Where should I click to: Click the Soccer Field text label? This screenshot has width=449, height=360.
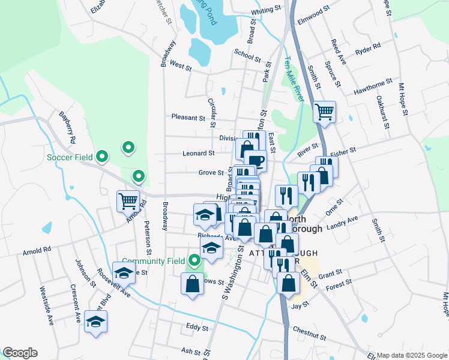[70, 157]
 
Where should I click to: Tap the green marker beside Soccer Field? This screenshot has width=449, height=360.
[102, 157]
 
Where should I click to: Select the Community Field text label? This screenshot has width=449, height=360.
[154, 261]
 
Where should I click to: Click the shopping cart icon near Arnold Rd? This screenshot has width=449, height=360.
[128, 200]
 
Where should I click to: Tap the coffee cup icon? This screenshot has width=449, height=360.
[255, 160]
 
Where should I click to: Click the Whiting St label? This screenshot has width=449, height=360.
[266, 10]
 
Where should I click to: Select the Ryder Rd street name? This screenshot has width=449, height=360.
[368, 46]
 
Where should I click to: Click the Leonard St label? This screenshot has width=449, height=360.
[198, 154]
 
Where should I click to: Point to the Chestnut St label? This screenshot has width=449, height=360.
[309, 330]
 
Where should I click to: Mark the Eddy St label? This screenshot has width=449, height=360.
[197, 328]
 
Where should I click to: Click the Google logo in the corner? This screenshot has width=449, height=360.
[20, 353]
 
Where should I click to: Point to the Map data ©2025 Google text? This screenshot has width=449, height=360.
[411, 355]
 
